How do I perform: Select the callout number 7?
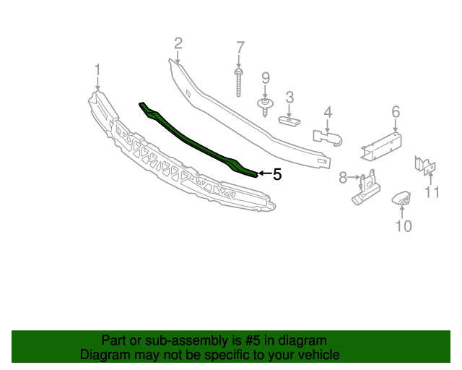point(240,49)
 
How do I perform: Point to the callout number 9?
point(265,77)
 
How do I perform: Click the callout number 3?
point(289,97)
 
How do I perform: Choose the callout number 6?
point(396,112)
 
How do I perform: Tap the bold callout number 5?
point(276,174)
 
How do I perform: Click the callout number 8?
point(344,176)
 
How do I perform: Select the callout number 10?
point(404,226)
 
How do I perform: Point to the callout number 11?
point(432,192)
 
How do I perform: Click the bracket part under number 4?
point(326,136)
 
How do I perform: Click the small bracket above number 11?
point(425,165)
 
